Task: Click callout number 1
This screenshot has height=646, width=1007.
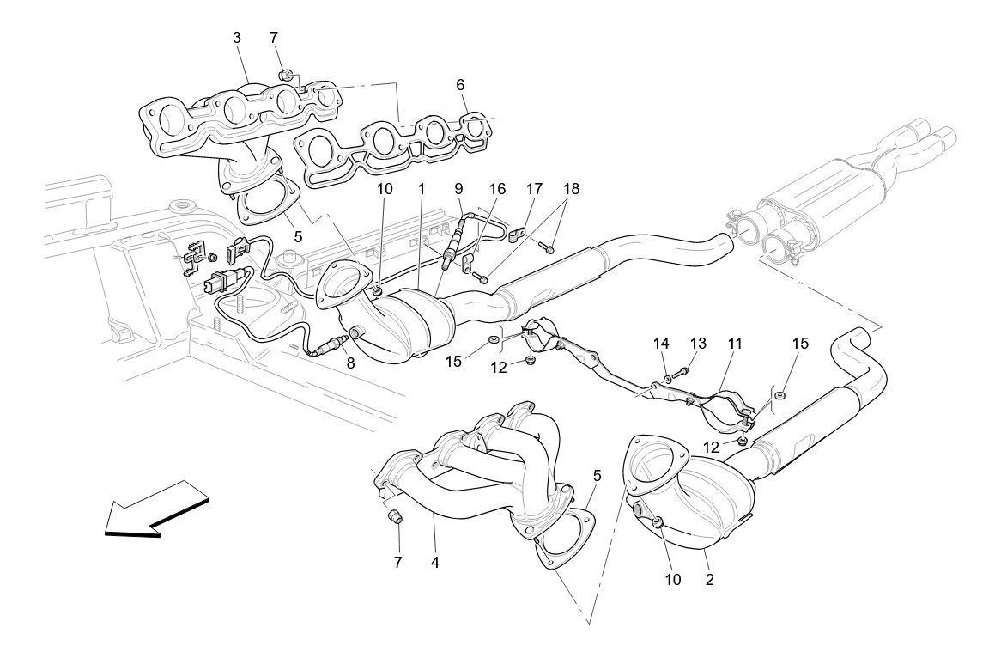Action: click(x=422, y=188)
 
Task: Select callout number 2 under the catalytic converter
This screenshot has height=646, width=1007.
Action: click(x=710, y=579)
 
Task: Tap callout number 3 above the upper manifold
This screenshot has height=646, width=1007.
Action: click(x=235, y=38)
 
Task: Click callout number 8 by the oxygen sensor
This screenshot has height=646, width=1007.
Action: click(x=350, y=363)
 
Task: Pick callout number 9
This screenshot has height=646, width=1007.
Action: click(x=458, y=188)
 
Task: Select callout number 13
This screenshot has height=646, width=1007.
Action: click(x=698, y=344)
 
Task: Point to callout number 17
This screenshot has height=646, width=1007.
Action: click(x=534, y=188)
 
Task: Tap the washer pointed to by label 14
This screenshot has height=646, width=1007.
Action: click(x=667, y=377)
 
